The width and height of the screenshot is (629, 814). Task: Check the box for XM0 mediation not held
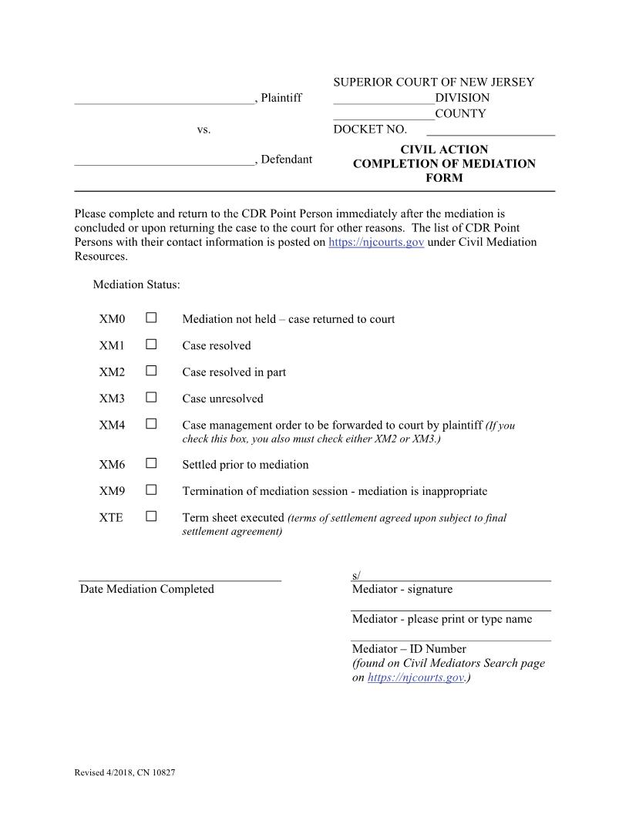pos(151,318)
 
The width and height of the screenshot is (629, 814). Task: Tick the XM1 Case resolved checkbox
pos(151,344)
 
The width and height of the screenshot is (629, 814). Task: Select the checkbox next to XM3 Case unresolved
pos(151,397)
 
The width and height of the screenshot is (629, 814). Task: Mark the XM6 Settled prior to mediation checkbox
pos(151,463)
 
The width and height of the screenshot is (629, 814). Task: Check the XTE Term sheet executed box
pos(151,516)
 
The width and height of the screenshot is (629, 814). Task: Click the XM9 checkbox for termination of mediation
pos(151,489)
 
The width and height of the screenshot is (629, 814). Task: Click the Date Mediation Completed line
pos(180,577)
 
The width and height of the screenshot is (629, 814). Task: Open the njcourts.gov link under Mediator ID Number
pos(415,678)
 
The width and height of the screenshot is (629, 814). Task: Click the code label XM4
pos(112,425)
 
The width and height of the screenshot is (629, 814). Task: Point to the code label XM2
pos(112,372)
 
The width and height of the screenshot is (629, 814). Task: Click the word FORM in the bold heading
pos(444,178)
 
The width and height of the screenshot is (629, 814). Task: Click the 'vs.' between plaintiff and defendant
pos(203,130)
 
